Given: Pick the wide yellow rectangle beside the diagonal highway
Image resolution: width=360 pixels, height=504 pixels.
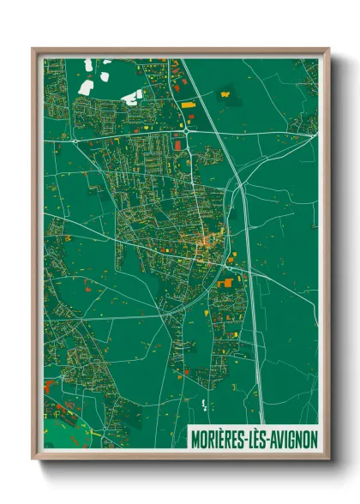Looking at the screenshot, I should (188, 103).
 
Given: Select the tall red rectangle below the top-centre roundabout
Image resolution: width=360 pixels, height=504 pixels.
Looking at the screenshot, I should (179, 147).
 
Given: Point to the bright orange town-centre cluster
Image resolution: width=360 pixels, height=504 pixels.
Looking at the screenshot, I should (206, 244).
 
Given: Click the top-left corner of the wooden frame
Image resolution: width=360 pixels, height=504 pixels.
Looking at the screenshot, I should (33, 50).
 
